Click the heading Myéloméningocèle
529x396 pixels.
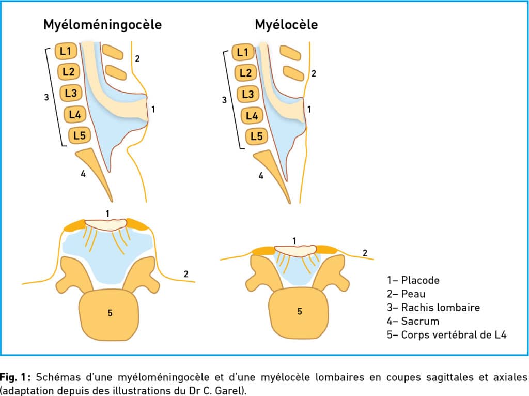103,25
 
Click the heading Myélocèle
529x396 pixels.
286,25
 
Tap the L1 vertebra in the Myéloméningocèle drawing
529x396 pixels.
66,51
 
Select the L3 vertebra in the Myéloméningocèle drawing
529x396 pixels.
71,93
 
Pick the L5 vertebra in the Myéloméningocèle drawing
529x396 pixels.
80,135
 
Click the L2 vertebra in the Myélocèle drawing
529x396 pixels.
245,72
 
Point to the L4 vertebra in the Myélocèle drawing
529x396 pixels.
252,116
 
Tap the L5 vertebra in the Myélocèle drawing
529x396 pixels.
256,136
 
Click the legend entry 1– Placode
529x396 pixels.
413,280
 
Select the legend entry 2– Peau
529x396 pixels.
406,294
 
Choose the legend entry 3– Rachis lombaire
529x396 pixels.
433,307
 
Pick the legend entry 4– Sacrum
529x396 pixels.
413,321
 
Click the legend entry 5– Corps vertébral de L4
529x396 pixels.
447,334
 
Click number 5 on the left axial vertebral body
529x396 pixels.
110,313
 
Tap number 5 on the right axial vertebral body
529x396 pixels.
300,311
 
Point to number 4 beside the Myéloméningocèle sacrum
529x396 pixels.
83,174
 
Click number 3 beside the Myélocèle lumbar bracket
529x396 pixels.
224,100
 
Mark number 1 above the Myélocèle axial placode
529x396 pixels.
294,241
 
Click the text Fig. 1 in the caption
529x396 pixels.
13,377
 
